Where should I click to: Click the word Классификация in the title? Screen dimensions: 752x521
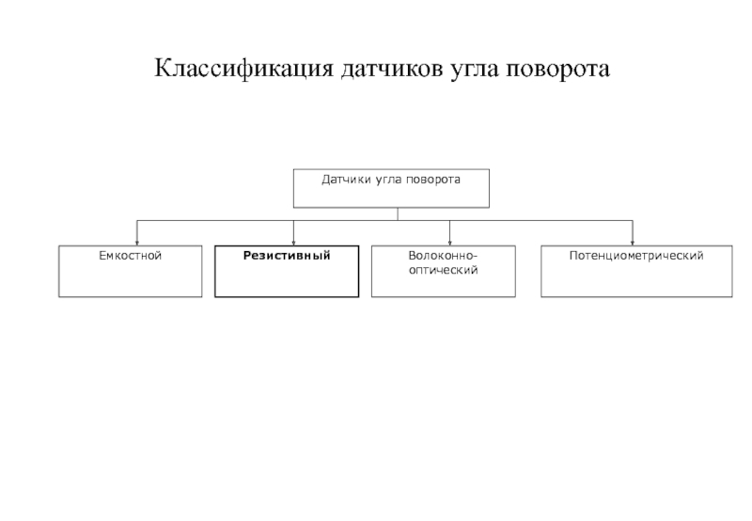coord(243,69)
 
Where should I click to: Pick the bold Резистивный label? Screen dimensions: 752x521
coord(287,256)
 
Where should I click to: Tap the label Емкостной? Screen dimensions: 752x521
coord(131,256)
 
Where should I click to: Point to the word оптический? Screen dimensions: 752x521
coord(443,271)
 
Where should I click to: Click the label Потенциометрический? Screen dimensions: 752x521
coord(636,256)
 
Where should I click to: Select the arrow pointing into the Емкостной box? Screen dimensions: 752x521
coord(137,233)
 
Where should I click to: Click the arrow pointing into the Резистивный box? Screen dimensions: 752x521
coord(293,233)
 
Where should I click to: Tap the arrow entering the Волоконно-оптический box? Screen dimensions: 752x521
coord(450,233)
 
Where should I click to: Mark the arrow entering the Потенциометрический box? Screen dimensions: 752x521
coord(633,233)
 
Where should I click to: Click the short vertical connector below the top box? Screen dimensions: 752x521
coord(398,214)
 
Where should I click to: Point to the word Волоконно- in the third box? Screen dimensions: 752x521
coord(443,256)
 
